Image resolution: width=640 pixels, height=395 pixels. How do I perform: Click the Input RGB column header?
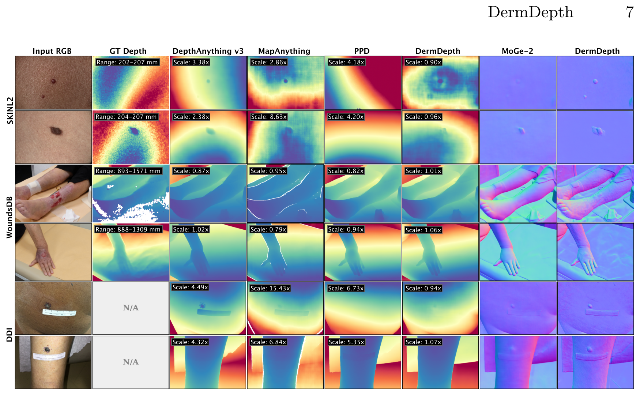(x=52, y=51)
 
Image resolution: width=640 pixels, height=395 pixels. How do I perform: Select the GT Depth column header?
(x=128, y=51)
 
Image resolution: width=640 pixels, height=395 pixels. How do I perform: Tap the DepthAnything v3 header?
(x=208, y=51)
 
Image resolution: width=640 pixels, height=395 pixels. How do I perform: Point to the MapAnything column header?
(x=284, y=51)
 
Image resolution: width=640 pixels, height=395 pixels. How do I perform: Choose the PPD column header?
(x=362, y=51)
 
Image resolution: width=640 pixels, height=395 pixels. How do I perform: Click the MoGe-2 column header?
(x=517, y=51)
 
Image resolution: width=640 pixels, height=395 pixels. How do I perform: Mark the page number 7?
(x=629, y=12)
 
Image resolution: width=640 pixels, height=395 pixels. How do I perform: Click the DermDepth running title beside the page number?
(x=530, y=12)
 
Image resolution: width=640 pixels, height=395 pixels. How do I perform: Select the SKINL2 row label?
(x=10, y=110)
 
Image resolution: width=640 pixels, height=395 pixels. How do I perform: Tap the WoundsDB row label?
(x=10, y=217)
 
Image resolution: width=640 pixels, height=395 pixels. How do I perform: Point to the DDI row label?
(x=10, y=335)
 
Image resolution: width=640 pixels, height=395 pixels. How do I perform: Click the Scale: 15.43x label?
(x=270, y=288)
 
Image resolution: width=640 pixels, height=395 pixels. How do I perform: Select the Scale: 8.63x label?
(x=269, y=117)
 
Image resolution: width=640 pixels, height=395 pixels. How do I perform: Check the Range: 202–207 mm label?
(x=127, y=62)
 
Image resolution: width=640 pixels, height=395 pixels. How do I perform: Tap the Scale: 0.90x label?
(x=423, y=62)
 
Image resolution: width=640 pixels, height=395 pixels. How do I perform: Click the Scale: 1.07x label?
(x=423, y=342)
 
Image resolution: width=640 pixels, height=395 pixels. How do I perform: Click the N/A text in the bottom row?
(x=131, y=362)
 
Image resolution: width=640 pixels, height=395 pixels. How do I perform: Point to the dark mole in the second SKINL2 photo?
(x=55, y=130)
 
